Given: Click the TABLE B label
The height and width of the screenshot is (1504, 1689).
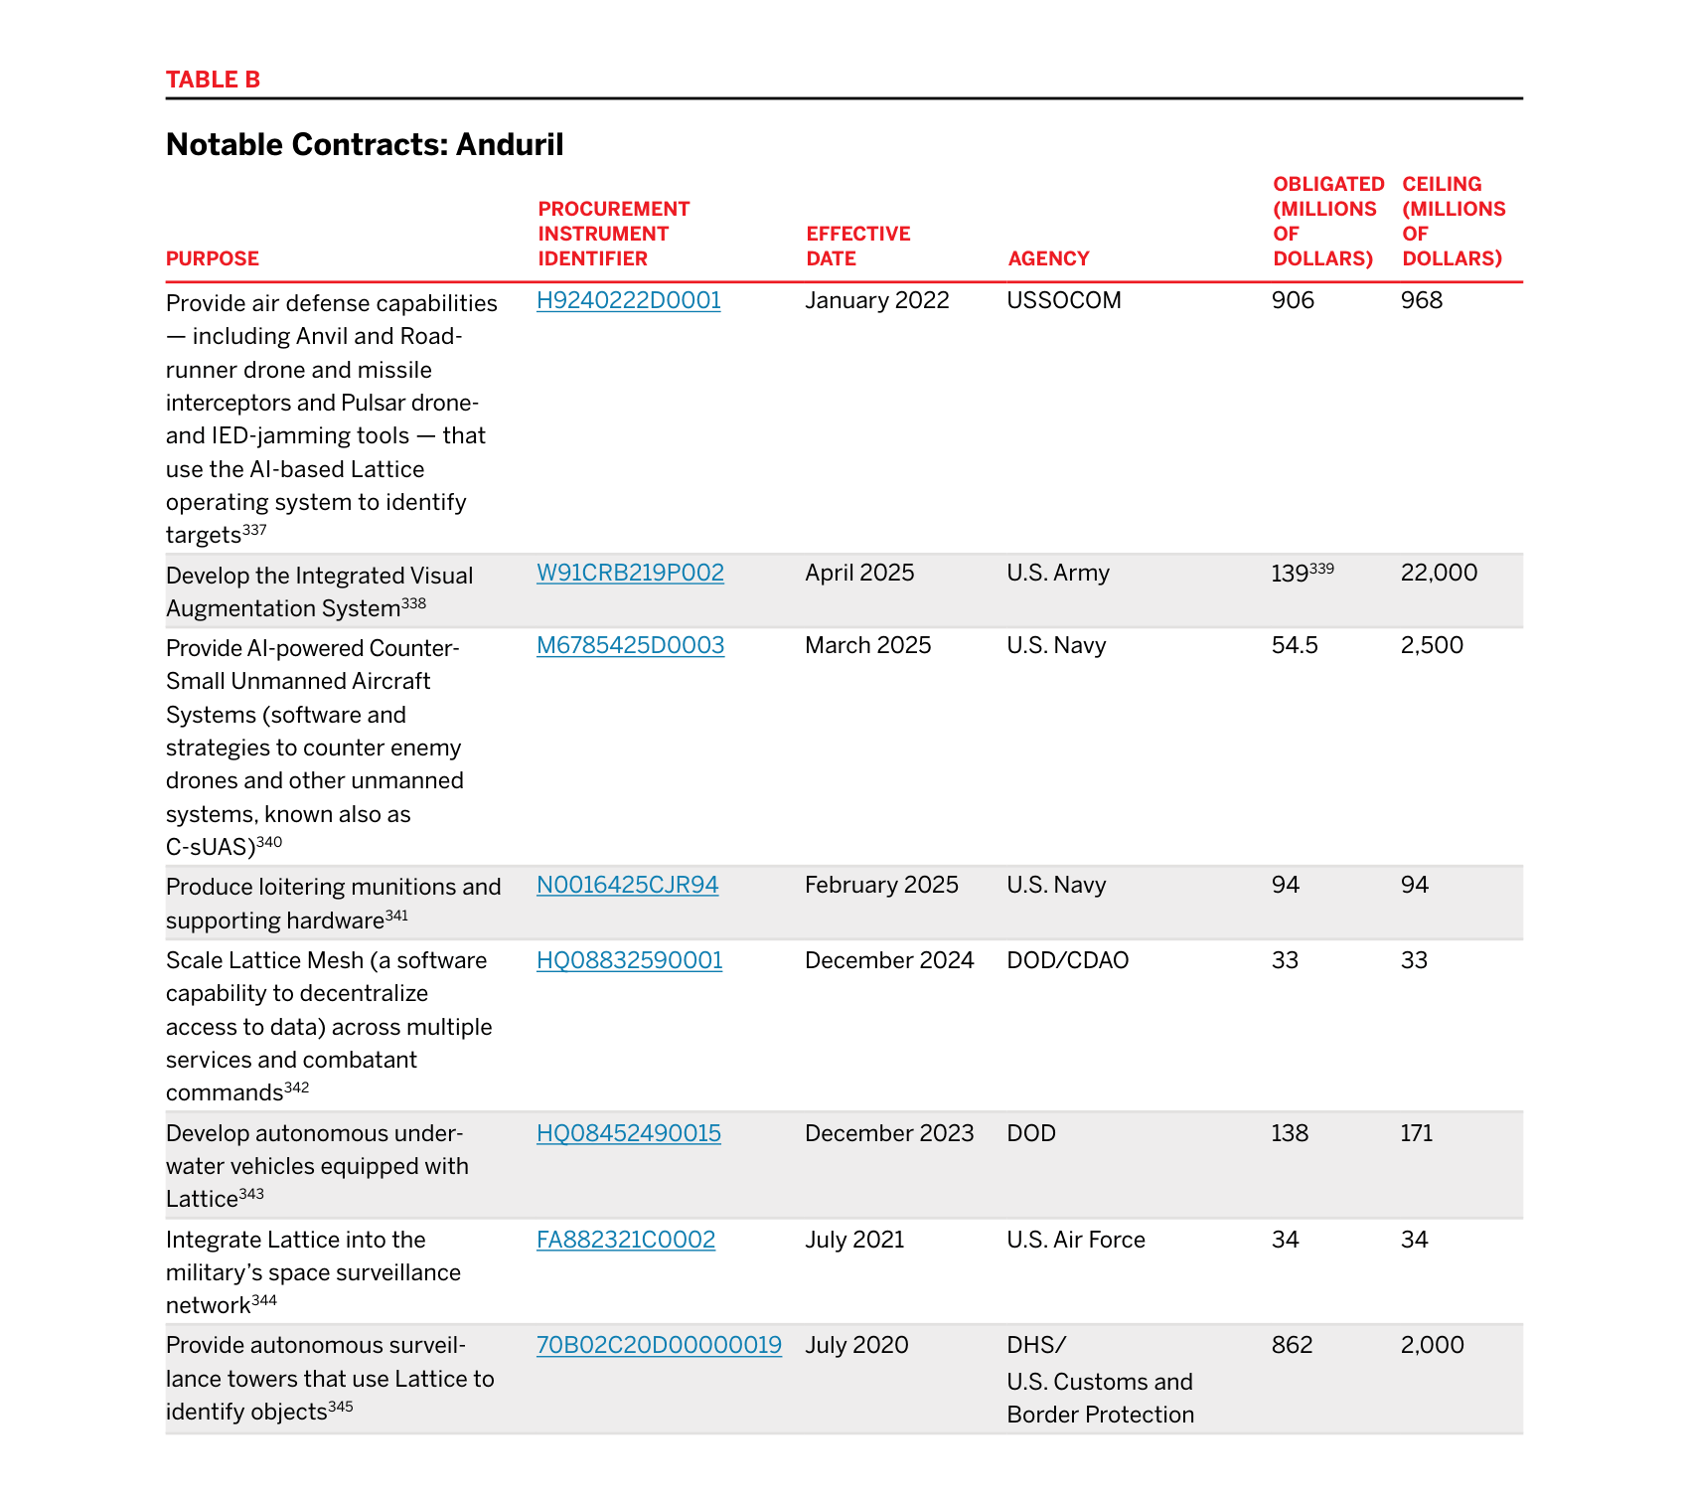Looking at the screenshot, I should click(213, 80).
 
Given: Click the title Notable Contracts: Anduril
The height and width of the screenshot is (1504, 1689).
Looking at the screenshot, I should click(365, 145).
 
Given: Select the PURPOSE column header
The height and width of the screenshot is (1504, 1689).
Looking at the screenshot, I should click(212, 258).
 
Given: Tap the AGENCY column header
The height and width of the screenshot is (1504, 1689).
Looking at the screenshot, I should click(1048, 258).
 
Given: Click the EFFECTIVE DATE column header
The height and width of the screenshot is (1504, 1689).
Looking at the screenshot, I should click(857, 246).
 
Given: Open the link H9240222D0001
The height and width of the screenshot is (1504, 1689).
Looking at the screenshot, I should click(628, 300).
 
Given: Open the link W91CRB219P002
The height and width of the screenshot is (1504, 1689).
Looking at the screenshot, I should click(630, 573).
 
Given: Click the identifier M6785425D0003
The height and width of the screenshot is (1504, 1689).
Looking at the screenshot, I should click(630, 645).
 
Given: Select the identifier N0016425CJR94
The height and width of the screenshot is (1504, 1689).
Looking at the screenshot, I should click(627, 885).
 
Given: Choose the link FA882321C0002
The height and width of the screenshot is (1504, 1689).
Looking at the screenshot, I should click(626, 1240).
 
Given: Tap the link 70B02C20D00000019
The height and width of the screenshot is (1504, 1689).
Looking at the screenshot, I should click(659, 1345).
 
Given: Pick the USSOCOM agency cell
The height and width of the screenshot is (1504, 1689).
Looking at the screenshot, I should click(1063, 300).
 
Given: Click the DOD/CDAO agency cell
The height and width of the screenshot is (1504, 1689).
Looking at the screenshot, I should click(1067, 960).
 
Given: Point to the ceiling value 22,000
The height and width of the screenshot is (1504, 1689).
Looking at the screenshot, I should click(1439, 573).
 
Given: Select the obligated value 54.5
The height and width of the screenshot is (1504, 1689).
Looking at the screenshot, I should click(1295, 645).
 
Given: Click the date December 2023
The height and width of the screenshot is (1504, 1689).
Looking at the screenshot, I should click(889, 1133).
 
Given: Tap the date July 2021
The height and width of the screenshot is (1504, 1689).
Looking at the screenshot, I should click(854, 1240).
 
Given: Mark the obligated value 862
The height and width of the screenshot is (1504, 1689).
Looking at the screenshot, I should click(1292, 1345).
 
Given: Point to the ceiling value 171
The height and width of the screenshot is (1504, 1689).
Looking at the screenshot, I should click(1416, 1133).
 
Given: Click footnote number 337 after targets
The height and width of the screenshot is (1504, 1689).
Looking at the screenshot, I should click(255, 530).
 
